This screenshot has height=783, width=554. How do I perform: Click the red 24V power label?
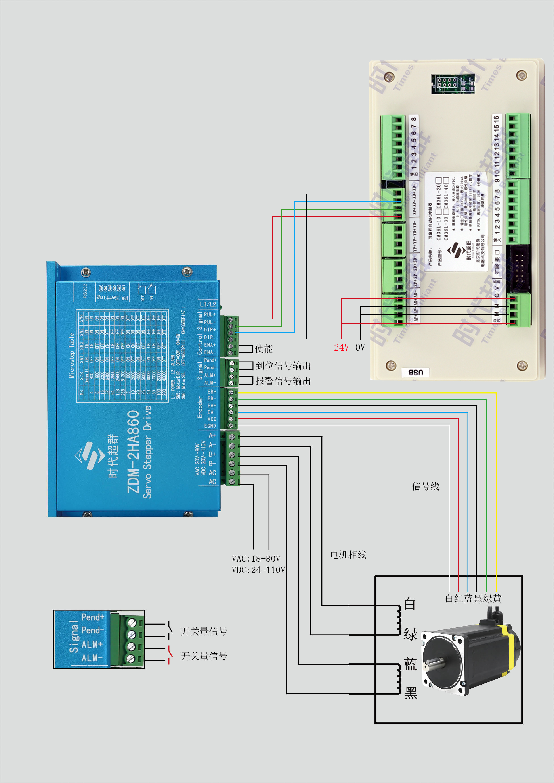click(341, 348)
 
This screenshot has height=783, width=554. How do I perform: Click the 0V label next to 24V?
click(360, 348)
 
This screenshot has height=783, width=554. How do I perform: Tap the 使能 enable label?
click(264, 348)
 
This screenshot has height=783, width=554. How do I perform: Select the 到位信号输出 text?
click(283, 366)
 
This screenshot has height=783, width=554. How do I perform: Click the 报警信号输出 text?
click(283, 381)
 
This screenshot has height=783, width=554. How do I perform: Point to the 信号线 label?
click(425, 487)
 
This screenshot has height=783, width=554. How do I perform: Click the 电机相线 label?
click(348, 555)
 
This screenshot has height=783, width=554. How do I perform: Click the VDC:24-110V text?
click(258, 570)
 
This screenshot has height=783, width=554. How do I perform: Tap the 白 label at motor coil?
click(410, 604)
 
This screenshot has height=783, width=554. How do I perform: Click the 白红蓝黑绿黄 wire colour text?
click(473, 598)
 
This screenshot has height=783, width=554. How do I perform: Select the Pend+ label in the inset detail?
click(92, 617)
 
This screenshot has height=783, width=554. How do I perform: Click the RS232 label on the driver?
click(85, 291)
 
